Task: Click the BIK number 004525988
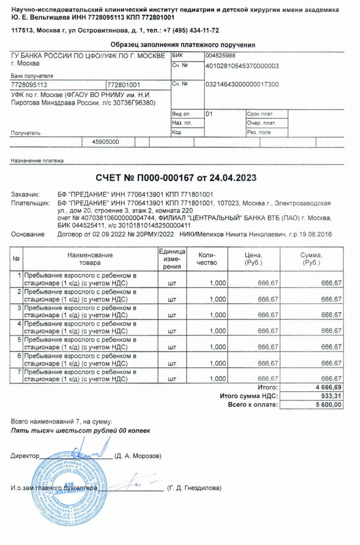[220, 55]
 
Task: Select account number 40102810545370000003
[242, 65]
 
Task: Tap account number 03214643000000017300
[242, 84]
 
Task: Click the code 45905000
[105, 142]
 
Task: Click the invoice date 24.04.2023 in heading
[233, 178]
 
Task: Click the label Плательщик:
[31, 203]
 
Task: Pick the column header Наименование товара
[90, 259]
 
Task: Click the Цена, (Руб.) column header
[254, 259]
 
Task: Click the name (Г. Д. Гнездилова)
[195, 488]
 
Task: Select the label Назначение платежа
[37, 161]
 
